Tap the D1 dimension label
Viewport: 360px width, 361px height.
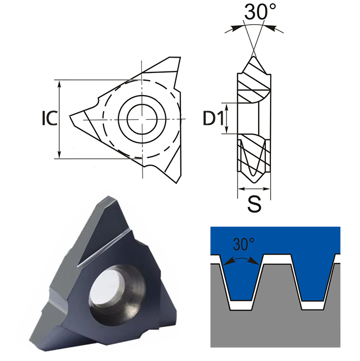coord(212,118)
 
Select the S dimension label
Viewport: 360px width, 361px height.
coord(254,204)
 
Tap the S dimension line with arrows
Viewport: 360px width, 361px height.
coord(254,189)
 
